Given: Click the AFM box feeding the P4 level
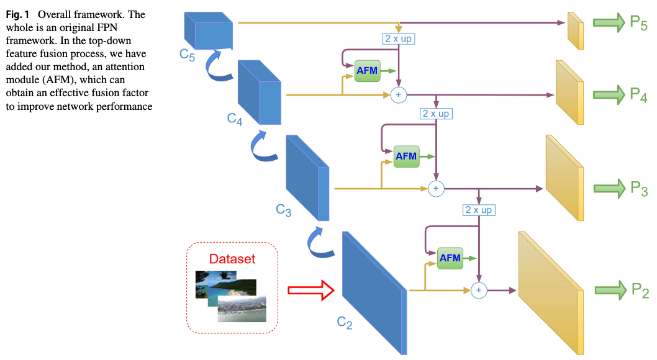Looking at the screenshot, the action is pos(368,71).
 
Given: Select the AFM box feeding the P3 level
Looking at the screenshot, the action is pos(407,156).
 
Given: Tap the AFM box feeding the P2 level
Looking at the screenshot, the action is pos(450,258).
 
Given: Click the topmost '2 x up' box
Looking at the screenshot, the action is pos(399,39).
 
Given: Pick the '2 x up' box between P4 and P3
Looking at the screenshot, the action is pos(436,114).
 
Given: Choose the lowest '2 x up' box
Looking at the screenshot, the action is pos(479,210).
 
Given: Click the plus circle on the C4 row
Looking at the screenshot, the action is pos(399,95).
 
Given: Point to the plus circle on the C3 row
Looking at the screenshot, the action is pos(436,189).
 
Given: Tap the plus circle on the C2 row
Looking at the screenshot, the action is pos(479,290).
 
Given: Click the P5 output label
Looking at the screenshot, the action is pos(639,23).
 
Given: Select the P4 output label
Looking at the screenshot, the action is pos(639,95).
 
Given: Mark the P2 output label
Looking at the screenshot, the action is pos(640,290).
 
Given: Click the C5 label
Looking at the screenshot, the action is pos(188,55).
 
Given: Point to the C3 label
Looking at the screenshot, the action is pos(284,210).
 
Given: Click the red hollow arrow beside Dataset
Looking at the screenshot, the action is pos(311,290).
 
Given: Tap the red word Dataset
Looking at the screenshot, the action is pos(232,259).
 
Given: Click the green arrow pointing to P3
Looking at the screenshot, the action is pos(610,188).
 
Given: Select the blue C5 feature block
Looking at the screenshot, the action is pos(209,30).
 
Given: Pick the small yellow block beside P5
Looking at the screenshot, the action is pos(576,30).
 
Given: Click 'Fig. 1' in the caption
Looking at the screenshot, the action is pos(17,15).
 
